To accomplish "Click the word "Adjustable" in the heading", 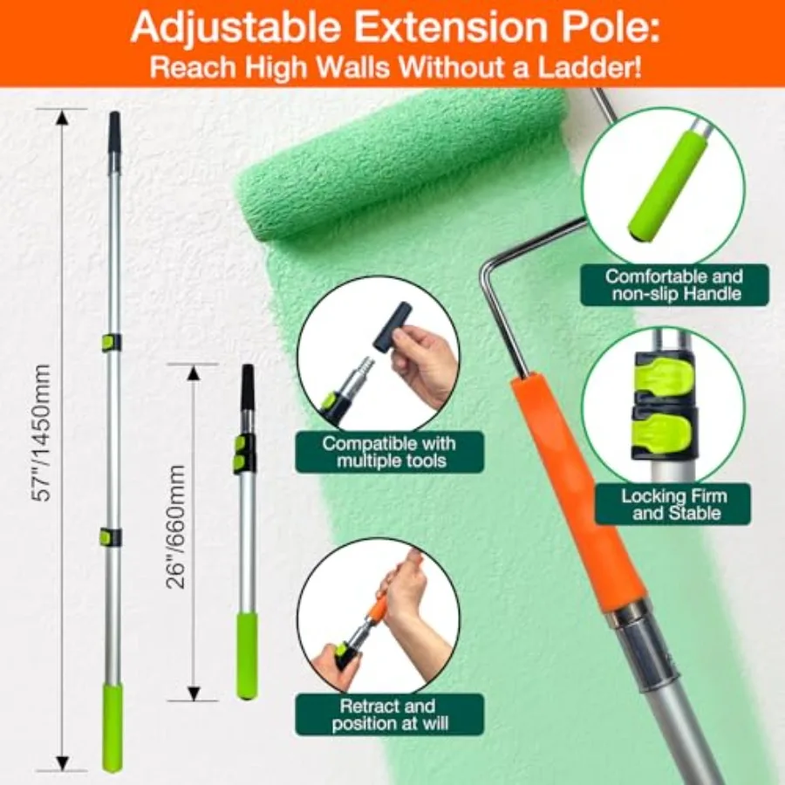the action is [x=235, y=28].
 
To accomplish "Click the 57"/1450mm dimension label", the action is [x=40, y=433].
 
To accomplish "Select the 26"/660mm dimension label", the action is [x=175, y=527].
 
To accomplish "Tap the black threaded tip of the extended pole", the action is [x=115, y=131].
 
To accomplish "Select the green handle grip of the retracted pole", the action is [x=248, y=655].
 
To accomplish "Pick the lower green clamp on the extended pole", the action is [x=110, y=536].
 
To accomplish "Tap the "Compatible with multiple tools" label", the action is [x=389, y=452].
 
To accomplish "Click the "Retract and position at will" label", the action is [x=389, y=714].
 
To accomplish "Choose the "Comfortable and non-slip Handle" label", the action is [x=674, y=285].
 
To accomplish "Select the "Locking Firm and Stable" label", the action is [x=673, y=504].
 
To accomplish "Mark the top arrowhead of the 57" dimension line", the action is [x=62, y=117].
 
